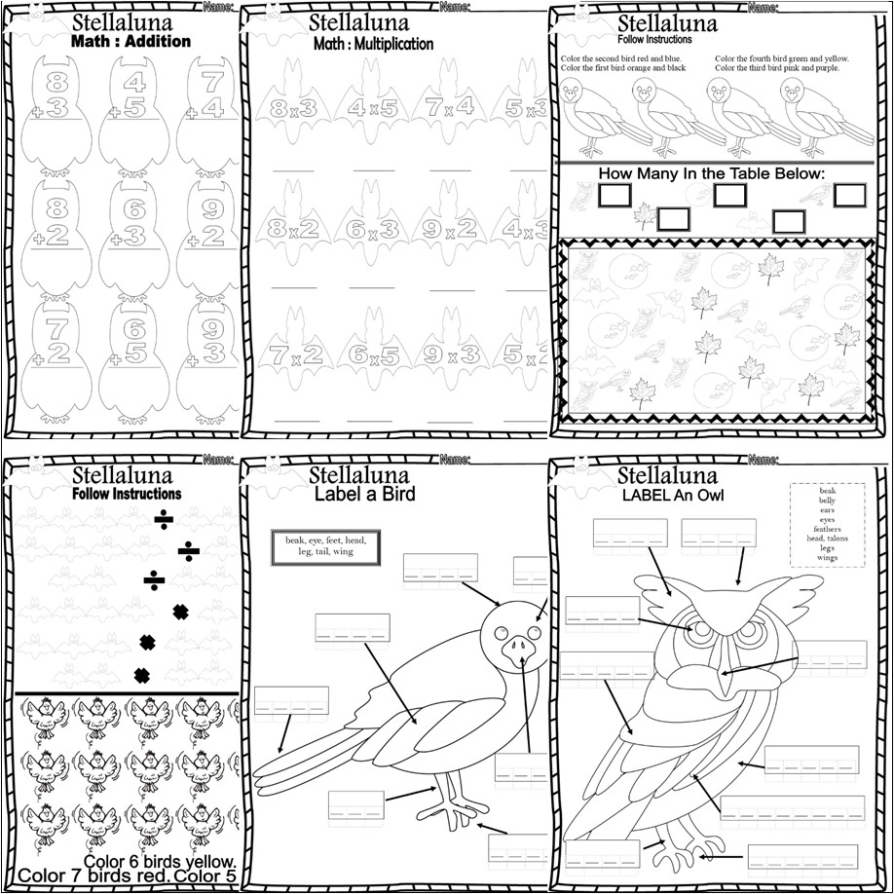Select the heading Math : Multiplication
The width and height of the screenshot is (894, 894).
coord(373,44)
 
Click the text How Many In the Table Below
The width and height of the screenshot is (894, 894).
coord(712,174)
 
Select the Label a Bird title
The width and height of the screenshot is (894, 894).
coord(363,495)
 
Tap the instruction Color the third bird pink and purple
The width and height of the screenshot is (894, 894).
coord(781,68)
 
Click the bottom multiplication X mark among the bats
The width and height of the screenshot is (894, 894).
coord(141,674)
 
